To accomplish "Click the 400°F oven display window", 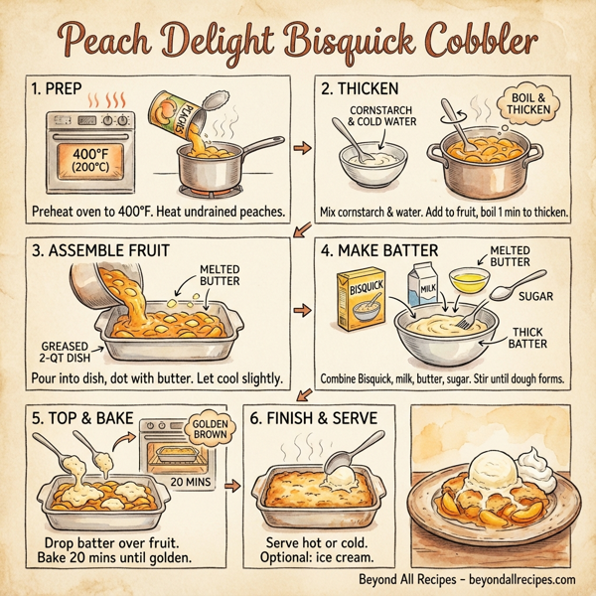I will click(x=86, y=160).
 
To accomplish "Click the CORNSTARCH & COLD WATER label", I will click(x=381, y=118).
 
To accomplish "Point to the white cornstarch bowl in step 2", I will click(x=369, y=163).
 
